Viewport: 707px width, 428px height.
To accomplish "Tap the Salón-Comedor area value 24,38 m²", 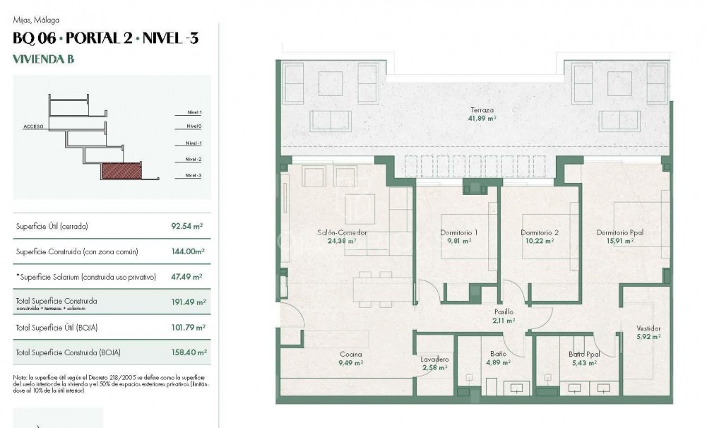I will [341, 241].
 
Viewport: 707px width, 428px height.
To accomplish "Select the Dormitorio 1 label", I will [459, 232].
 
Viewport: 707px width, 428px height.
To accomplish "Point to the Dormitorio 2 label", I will [540, 232].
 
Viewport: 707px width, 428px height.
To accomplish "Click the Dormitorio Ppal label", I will [619, 232].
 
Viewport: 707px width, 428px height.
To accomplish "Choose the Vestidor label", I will [648, 328].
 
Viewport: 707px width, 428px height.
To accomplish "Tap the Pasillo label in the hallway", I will [504, 311].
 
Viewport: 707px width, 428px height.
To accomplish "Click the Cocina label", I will [350, 355].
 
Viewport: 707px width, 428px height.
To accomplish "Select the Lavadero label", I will [435, 359].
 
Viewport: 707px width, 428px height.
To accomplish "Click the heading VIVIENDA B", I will [43, 59].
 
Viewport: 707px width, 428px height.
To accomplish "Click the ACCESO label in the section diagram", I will [33, 127].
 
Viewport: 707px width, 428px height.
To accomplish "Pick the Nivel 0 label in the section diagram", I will [194, 127].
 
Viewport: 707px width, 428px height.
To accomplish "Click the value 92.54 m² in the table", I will [188, 227].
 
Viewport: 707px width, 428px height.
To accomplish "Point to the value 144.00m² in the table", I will [188, 251].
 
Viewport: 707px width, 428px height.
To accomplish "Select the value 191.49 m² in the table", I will [188, 302].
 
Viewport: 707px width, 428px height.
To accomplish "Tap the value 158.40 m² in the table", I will [188, 352].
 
